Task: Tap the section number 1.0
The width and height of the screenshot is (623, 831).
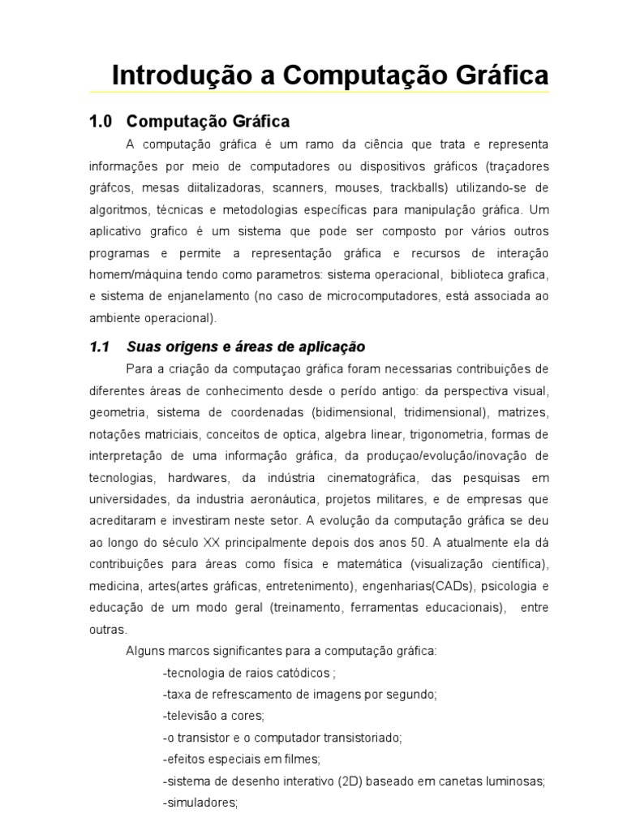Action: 99,122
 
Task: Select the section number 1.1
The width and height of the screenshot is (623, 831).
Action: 99,347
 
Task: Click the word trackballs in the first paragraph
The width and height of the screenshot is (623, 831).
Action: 413,188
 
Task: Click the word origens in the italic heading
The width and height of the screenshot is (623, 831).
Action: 184,347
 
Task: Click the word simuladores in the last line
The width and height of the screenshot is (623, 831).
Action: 201,803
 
